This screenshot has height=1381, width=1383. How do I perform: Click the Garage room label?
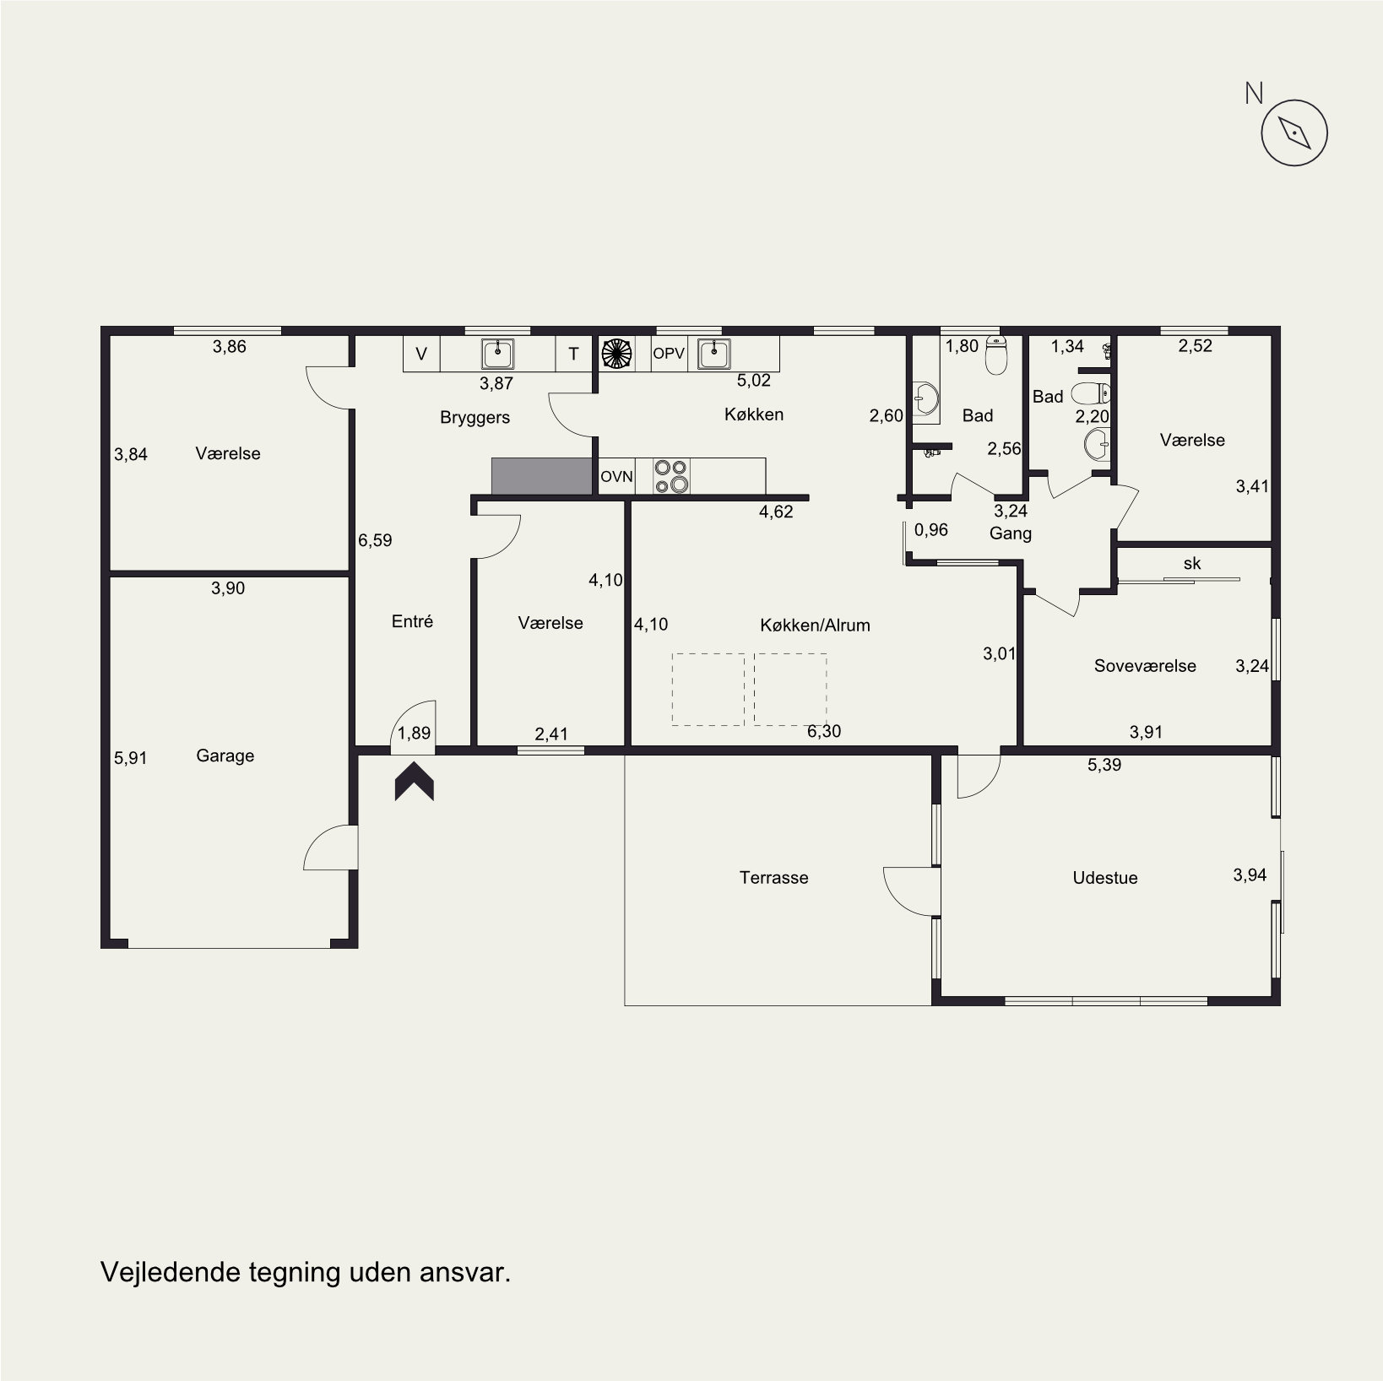click(225, 756)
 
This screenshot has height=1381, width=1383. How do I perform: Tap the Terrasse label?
click(773, 878)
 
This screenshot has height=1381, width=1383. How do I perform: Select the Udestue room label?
click(1104, 878)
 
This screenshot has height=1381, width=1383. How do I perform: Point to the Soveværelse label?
click(1145, 666)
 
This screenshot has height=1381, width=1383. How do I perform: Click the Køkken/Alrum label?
click(815, 626)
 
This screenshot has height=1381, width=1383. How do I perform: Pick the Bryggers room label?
click(475, 418)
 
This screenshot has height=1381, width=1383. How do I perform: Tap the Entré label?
click(412, 621)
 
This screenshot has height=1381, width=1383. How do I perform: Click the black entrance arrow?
click(415, 782)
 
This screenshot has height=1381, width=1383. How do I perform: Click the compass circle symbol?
click(1294, 133)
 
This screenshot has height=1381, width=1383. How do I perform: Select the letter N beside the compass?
click(1254, 94)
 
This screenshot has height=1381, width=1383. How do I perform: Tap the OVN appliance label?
click(616, 477)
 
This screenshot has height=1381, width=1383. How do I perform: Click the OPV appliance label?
click(669, 355)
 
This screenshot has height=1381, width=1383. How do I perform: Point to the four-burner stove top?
click(672, 476)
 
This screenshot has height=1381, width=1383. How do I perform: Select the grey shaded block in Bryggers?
click(542, 476)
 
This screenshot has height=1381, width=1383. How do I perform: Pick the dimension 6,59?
click(375, 541)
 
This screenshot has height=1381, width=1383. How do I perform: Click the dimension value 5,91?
click(130, 759)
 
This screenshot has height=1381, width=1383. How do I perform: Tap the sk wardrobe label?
click(1192, 563)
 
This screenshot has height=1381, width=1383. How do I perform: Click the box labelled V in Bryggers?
click(421, 355)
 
